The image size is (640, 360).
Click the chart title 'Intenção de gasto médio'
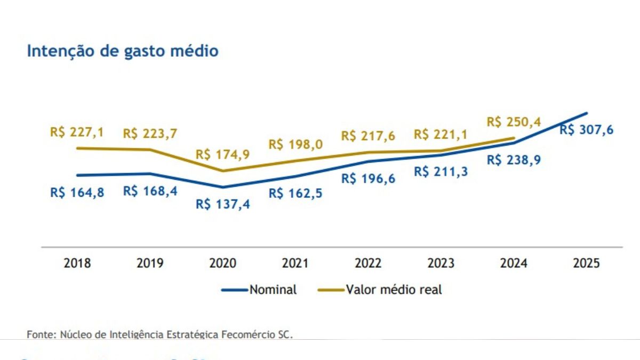click(123, 51)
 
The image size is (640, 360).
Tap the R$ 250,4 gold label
click(514, 122)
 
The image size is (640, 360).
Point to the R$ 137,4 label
click(222, 204)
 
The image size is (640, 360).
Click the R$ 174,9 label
click(222, 155)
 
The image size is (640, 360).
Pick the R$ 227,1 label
click(77, 132)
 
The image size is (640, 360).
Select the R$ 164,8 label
click(77, 193)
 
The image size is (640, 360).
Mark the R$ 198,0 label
click(295, 144)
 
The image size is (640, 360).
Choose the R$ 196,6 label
click(368, 179)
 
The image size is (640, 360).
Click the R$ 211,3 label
click(441, 172)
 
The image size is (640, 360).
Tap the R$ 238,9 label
click(514, 159)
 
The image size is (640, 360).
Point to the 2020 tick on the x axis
click(222, 263)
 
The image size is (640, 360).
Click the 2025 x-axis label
click(586, 263)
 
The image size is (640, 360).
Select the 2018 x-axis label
click(77, 263)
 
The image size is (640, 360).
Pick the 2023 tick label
click(441, 263)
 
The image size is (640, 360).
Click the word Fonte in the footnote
click(40, 334)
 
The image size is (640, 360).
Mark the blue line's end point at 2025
click(587, 113)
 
